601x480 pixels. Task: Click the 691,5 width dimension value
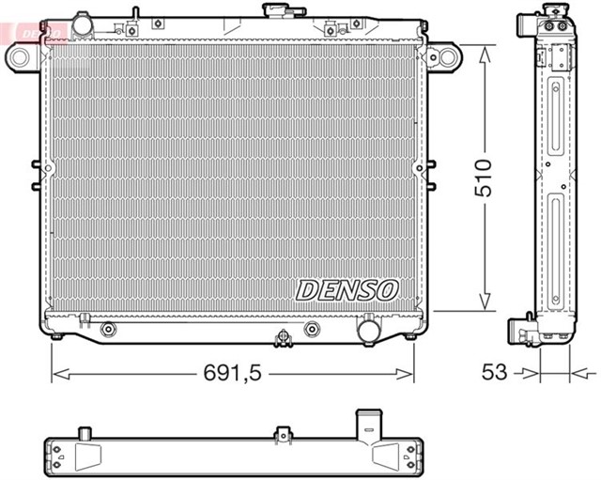point(232,373)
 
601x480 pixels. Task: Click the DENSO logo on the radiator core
point(348,290)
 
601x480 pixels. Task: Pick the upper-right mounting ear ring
point(443,59)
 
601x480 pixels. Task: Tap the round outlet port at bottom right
point(368,331)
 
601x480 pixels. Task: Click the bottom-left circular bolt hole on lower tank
point(108,329)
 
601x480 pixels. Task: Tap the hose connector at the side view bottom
point(520,332)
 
